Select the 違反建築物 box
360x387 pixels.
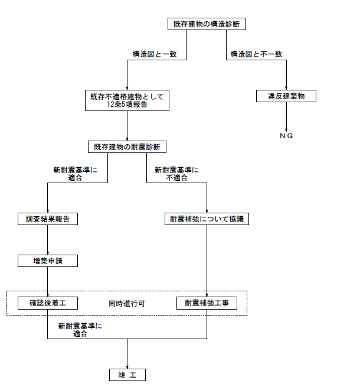click(286, 96)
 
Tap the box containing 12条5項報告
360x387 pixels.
click(127, 100)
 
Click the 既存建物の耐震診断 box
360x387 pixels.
click(127, 147)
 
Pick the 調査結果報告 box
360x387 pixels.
click(48, 219)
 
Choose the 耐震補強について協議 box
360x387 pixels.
click(207, 219)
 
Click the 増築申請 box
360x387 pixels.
click(48, 261)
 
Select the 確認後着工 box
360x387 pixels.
click(48, 303)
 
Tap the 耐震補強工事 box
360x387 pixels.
click(207, 303)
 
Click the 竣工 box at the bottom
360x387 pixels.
click(127, 375)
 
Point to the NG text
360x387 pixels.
click(286, 136)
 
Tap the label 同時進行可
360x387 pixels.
click(127, 304)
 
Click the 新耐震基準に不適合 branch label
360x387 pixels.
click(176, 173)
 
